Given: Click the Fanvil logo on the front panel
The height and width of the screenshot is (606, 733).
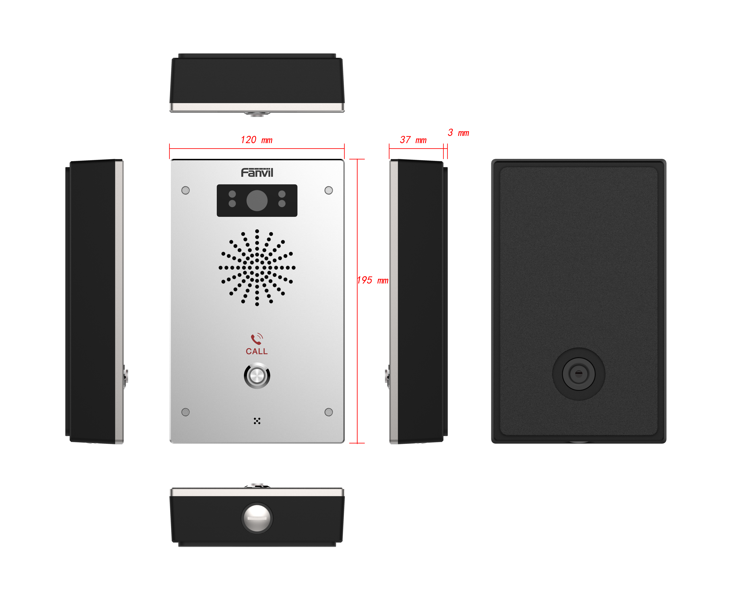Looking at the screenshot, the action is click(257, 173).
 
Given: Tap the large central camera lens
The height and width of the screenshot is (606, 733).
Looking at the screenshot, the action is click(257, 201).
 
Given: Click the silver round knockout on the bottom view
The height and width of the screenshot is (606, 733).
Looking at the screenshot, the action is click(257, 518).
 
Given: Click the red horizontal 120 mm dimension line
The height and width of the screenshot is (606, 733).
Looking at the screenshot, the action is click(257, 149).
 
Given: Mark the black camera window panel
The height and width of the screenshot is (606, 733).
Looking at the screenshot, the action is click(257, 201).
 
